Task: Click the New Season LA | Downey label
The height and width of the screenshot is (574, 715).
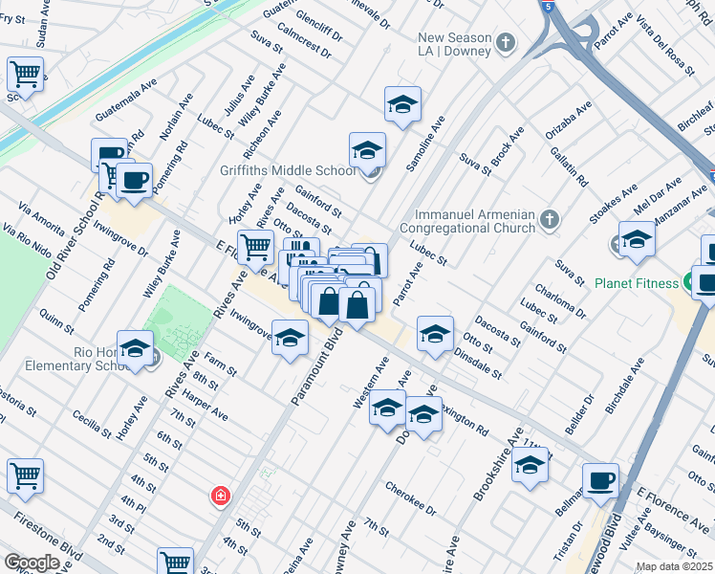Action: point(454,44)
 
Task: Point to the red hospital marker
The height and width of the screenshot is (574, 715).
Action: point(221,495)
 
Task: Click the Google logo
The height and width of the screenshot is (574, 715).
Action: point(32,562)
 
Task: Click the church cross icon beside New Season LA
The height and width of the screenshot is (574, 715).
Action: point(506,43)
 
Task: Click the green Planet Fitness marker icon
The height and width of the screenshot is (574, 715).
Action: point(688,283)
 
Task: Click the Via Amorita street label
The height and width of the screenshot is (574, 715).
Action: point(41,216)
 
